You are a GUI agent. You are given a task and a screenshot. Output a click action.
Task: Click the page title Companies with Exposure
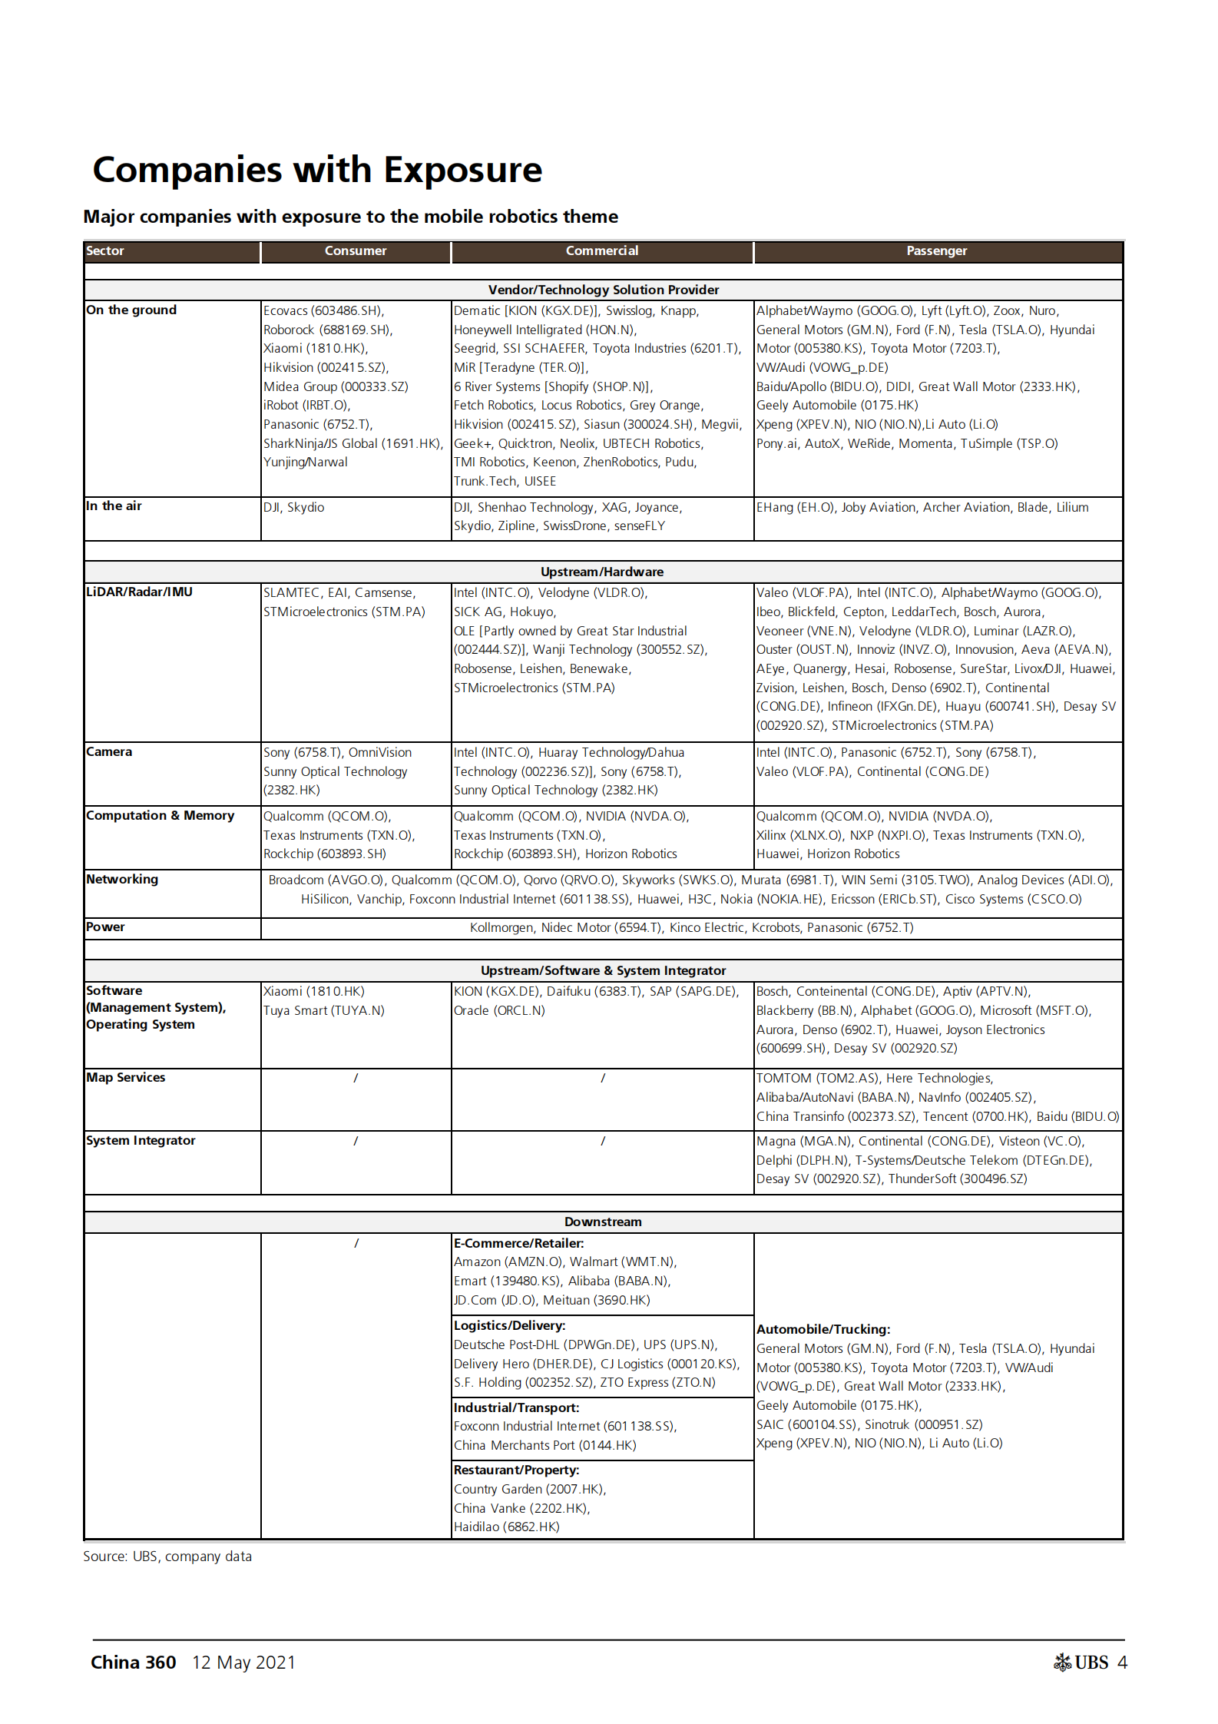tap(317, 170)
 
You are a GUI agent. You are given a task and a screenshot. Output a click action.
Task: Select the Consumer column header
tap(355, 251)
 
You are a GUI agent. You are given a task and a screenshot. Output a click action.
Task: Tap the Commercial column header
tap(601, 251)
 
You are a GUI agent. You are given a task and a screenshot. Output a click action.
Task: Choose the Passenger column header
tap(936, 251)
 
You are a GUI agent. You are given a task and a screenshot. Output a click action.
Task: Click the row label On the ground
tap(131, 310)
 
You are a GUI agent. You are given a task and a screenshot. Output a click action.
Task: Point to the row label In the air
tap(114, 506)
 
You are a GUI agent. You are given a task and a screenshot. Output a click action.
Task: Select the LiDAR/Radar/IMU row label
tap(139, 592)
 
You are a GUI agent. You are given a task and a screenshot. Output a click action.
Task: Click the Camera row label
tap(109, 751)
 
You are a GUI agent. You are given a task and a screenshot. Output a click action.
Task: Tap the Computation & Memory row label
tap(160, 815)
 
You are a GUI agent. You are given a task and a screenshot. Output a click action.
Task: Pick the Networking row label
tap(122, 879)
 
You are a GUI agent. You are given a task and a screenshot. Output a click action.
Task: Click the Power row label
tap(105, 927)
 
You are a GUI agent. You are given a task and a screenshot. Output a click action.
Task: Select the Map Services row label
tap(125, 1077)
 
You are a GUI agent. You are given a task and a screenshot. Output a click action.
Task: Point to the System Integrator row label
tap(141, 1140)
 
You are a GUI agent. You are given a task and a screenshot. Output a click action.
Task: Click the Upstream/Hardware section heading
tap(602, 572)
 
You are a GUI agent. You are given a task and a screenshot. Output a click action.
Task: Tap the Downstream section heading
tap(603, 1222)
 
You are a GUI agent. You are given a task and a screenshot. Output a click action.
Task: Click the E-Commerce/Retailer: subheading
tap(518, 1243)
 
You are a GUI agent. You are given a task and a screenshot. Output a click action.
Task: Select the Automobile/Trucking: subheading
tap(823, 1329)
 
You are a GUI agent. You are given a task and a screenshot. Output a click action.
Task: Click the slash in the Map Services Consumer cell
tap(356, 1078)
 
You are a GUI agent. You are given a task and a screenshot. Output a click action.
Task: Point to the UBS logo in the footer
tap(1081, 1663)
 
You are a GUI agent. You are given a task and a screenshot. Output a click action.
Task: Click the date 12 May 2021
tap(243, 1663)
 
